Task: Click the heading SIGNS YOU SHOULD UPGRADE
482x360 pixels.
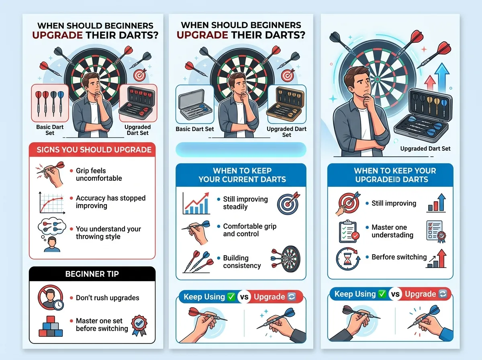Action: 94,150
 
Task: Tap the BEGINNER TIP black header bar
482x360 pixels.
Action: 92,274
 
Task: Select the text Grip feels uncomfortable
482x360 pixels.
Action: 99,174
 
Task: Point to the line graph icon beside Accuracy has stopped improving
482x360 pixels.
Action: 51,202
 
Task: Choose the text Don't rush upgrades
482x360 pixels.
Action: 107,298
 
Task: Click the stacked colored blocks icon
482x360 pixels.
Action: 51,326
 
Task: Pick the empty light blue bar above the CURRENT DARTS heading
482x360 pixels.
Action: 241,150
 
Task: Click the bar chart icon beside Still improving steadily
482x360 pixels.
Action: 196,203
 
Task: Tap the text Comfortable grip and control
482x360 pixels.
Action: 249,230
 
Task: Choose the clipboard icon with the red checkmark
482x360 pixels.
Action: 348,231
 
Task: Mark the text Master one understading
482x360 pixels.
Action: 392,231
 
